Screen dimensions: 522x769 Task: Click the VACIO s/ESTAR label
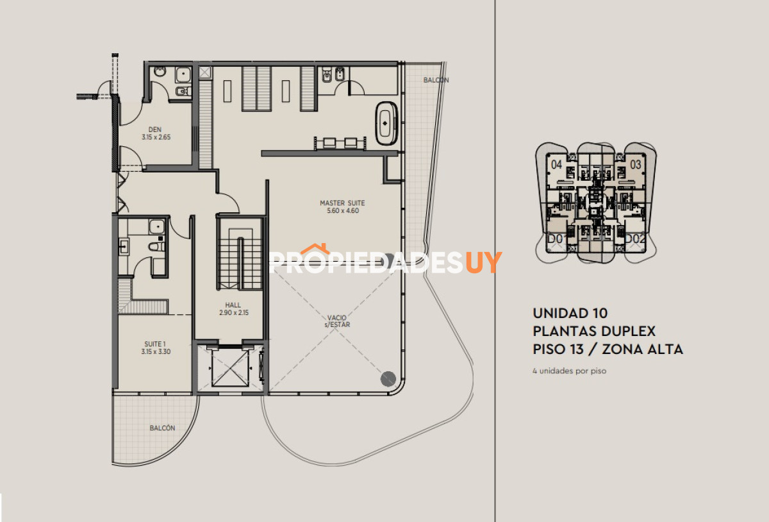(x=337, y=321)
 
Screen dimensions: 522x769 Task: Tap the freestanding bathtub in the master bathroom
(x=386, y=121)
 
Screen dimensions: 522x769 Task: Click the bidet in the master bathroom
(x=341, y=76)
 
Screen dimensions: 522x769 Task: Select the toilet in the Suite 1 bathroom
(x=156, y=246)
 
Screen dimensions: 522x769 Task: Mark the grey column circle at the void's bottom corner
(x=388, y=378)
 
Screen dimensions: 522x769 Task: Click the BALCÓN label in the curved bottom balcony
(x=162, y=428)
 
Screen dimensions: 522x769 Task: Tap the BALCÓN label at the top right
(x=436, y=80)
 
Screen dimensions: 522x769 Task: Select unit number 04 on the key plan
(x=556, y=165)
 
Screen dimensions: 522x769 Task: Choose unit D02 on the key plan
(x=634, y=239)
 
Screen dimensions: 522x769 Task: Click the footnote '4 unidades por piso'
(x=569, y=371)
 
